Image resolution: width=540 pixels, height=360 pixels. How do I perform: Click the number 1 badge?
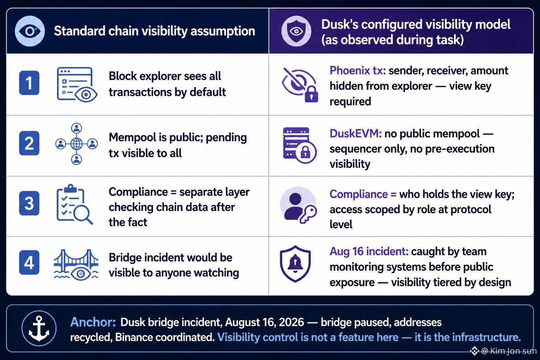(29, 83)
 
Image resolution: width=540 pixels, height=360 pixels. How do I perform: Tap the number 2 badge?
(29, 143)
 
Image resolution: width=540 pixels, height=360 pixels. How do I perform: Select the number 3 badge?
(29, 203)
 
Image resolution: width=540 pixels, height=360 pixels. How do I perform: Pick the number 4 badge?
(29, 262)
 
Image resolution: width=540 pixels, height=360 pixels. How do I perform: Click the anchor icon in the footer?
(39, 328)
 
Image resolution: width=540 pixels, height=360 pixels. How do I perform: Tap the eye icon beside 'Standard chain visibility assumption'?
(30, 31)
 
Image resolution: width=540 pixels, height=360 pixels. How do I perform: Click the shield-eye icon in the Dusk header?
(296, 31)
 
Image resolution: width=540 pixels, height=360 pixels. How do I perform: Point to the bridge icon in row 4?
(76, 265)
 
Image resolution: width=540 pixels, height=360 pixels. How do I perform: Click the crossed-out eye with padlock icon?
(300, 85)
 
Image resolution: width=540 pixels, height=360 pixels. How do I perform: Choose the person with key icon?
(298, 205)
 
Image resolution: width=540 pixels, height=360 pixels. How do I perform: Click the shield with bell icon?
(295, 264)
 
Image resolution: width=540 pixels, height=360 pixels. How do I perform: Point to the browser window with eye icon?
(77, 85)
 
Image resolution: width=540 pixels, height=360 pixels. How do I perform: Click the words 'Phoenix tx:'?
(358, 71)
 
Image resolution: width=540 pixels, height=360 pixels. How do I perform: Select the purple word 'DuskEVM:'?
(355, 134)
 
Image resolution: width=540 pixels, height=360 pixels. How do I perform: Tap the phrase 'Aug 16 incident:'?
(369, 251)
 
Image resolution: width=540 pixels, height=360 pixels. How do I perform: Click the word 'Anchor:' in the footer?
(93, 322)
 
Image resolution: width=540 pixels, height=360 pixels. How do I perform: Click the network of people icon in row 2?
(76, 144)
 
